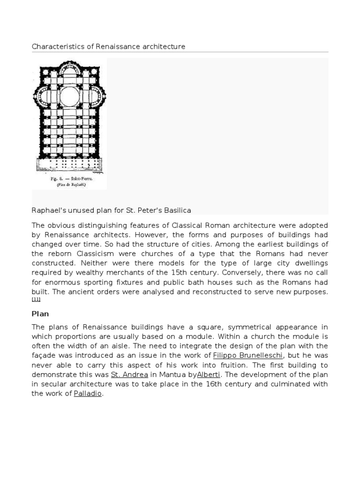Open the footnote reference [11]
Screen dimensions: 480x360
click(36, 300)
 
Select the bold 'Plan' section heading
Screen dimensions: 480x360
click(40, 313)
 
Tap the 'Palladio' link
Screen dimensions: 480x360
click(88, 394)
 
